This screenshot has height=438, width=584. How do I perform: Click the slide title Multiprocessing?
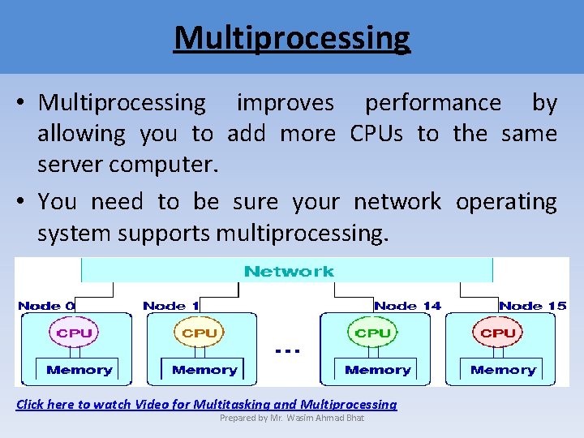(292, 38)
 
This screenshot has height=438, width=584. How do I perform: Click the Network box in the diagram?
(288, 271)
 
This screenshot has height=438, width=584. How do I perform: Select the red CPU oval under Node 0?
(75, 333)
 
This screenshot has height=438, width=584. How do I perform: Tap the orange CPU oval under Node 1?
(200, 333)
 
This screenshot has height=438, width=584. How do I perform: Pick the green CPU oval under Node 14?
(373, 333)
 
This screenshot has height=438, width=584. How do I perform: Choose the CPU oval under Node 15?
(498, 333)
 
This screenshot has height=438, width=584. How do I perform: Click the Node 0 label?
(46, 306)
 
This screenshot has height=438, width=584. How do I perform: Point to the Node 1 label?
(170, 306)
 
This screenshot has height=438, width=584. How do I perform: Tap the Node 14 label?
(407, 306)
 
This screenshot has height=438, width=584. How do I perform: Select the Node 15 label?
(532, 306)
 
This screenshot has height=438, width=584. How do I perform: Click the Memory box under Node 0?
(79, 370)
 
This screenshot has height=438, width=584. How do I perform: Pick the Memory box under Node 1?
(204, 370)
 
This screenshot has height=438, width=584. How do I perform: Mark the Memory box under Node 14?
(377, 370)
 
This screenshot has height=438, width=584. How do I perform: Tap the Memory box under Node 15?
(503, 370)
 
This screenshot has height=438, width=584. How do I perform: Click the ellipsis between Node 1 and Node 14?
(288, 350)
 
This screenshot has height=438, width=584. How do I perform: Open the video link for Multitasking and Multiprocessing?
(207, 404)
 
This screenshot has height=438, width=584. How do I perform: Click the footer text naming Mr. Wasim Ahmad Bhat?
(292, 418)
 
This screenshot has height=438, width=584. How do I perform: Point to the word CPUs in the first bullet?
(376, 133)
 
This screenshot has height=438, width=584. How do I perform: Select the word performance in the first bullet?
(432, 103)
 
